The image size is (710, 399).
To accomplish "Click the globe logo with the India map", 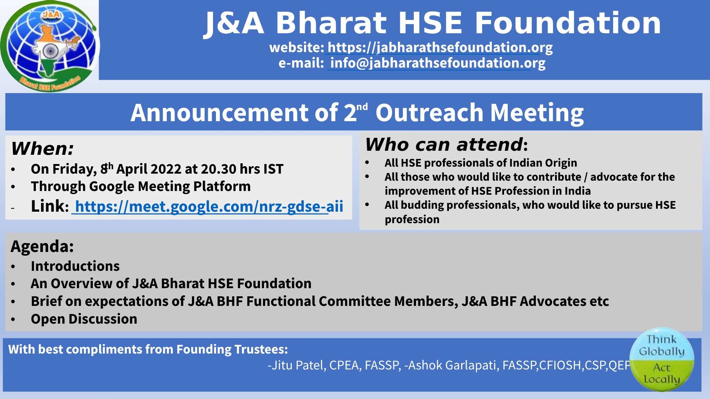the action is (50, 46).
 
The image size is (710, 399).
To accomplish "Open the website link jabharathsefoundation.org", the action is (440, 47).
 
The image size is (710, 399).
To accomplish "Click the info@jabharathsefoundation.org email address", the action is (438, 63).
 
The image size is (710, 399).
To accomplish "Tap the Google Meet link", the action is (209, 207).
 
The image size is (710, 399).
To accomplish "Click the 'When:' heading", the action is (43, 149).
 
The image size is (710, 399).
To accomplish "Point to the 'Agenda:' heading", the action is (42, 246).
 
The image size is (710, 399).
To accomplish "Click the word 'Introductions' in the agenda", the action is (75, 266).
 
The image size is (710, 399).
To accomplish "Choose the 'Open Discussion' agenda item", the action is (84, 319).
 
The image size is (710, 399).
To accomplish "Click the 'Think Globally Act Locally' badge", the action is (662, 359).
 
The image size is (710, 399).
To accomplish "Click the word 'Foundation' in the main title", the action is (568, 23).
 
